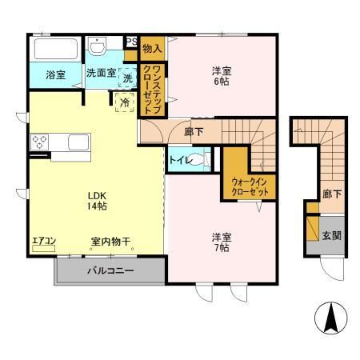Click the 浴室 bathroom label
click(55, 75)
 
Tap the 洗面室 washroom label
click(102, 74)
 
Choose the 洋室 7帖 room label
click(222, 242)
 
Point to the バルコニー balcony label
click(110, 270)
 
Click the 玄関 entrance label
click(331, 234)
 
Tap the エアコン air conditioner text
click(43, 240)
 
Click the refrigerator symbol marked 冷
click(125, 103)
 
